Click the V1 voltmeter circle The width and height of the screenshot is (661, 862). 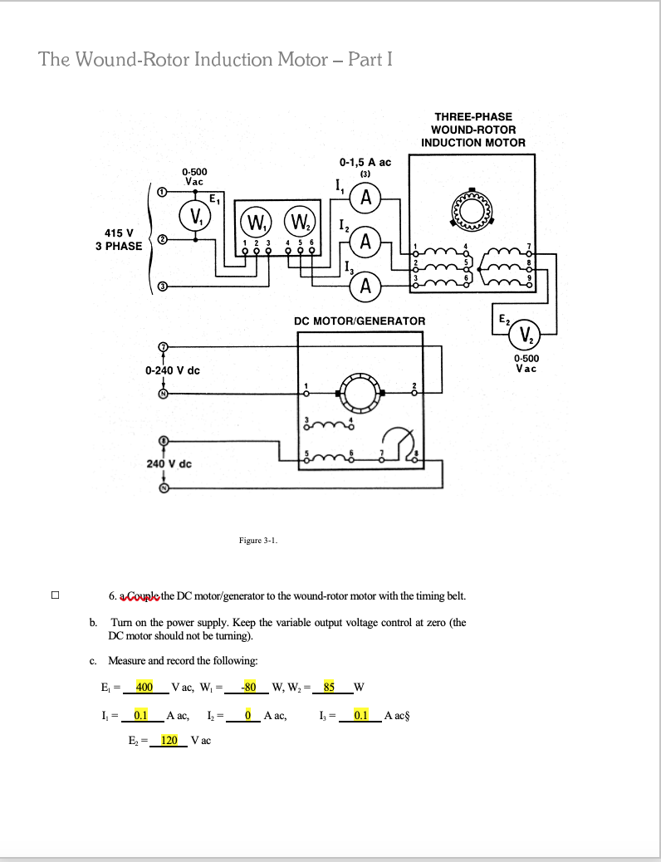tap(196, 218)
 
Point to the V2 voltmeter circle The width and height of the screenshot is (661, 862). tap(525, 335)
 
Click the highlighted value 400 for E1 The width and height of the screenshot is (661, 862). tap(144, 687)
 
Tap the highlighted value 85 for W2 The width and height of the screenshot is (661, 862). tap(330, 687)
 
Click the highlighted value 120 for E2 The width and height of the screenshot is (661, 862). tap(169, 740)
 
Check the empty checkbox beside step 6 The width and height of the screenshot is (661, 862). tap(56, 595)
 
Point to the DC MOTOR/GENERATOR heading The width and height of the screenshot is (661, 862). tap(360, 321)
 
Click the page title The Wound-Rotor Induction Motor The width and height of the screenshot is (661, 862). tap(215, 60)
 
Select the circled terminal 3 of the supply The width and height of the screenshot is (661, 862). tap(164, 287)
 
